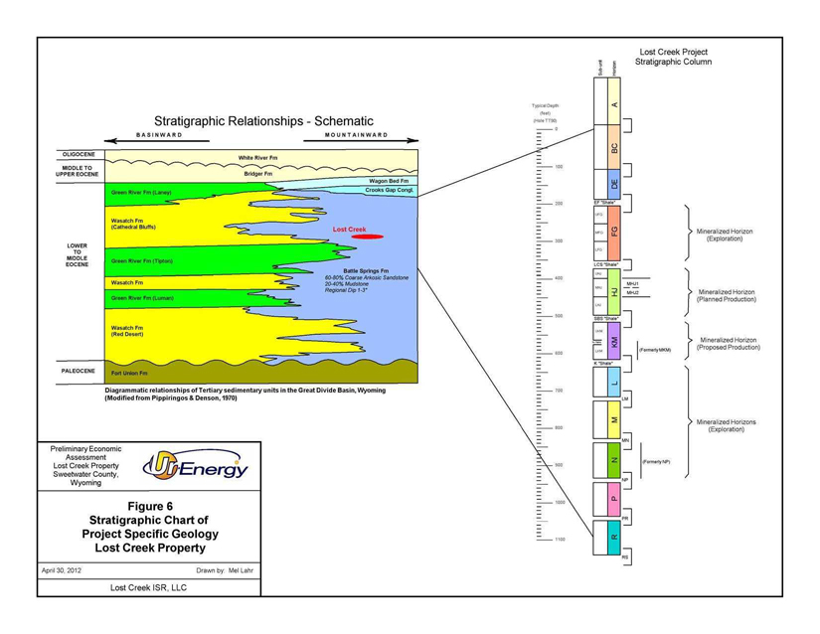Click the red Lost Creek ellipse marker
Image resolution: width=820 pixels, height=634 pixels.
click(x=367, y=238)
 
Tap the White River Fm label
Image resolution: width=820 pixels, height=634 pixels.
click(x=260, y=157)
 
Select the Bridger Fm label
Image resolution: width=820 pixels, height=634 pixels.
click(x=258, y=174)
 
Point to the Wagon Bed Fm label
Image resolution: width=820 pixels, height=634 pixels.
click(x=389, y=181)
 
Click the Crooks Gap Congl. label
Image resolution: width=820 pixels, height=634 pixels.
click(x=389, y=190)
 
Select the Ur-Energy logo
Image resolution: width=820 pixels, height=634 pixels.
click(x=196, y=465)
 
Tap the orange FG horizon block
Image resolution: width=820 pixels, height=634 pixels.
click(x=613, y=232)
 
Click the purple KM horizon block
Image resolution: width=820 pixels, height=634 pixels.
click(x=613, y=342)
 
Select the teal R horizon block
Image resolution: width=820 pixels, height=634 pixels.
click(x=613, y=537)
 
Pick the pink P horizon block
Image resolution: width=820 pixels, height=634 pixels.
click(x=613, y=499)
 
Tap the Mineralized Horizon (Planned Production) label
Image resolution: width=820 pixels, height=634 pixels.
click(x=727, y=296)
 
